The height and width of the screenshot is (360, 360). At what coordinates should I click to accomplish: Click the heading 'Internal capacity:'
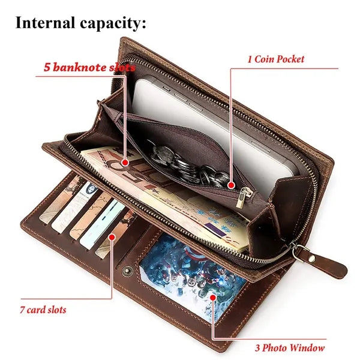tap(80, 23)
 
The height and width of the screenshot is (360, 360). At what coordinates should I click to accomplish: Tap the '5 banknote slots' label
tap(89, 67)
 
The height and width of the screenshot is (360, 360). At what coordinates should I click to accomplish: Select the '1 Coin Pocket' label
tap(276, 59)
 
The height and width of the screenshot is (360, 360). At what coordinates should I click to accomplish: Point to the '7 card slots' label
tap(43, 310)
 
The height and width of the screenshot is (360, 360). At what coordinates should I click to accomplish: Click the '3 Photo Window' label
tap(290, 347)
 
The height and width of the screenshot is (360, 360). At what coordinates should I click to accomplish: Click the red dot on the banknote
tap(125, 163)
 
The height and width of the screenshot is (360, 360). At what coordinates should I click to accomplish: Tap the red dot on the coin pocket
tap(232, 185)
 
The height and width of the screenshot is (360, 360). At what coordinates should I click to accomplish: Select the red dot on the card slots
tap(112, 237)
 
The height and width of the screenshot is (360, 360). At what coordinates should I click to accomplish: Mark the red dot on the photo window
tap(213, 298)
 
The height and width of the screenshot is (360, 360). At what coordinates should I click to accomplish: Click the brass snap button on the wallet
tap(127, 271)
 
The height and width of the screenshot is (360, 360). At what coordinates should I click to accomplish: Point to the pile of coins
tap(188, 166)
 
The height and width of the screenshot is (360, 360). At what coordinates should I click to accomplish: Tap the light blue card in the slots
tap(102, 224)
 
